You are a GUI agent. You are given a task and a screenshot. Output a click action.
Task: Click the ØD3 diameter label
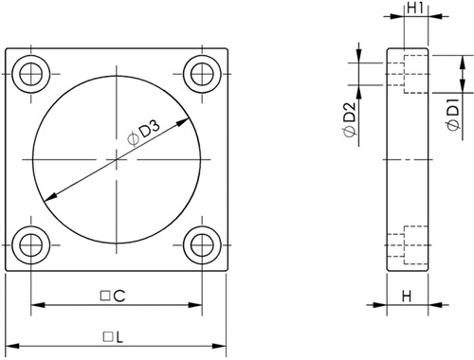144,134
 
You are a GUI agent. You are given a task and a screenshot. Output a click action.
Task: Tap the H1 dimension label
415,8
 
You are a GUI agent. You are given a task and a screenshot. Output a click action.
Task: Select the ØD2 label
350,119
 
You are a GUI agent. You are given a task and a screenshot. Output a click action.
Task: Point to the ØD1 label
453,117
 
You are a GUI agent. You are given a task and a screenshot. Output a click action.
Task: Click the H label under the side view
407,297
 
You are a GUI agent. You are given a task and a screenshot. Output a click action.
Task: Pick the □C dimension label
113,296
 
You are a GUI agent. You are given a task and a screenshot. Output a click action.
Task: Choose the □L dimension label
113,337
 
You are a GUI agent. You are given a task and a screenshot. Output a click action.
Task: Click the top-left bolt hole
31,74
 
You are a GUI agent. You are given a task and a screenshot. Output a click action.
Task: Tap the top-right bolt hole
202,74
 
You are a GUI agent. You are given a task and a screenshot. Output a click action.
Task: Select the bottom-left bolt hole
31,245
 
